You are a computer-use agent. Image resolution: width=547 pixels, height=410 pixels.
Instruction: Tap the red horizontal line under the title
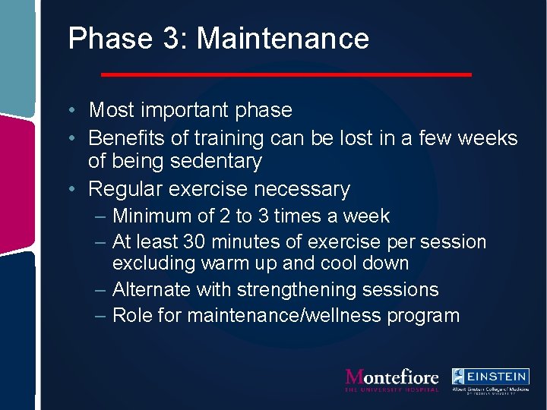(286, 74)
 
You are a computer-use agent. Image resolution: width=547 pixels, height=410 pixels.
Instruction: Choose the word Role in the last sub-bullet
(132, 315)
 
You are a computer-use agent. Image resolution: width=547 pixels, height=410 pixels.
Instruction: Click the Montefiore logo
(391, 379)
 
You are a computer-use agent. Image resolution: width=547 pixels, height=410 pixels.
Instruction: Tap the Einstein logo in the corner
(490, 379)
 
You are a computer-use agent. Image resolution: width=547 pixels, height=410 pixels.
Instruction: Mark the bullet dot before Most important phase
(70, 111)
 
